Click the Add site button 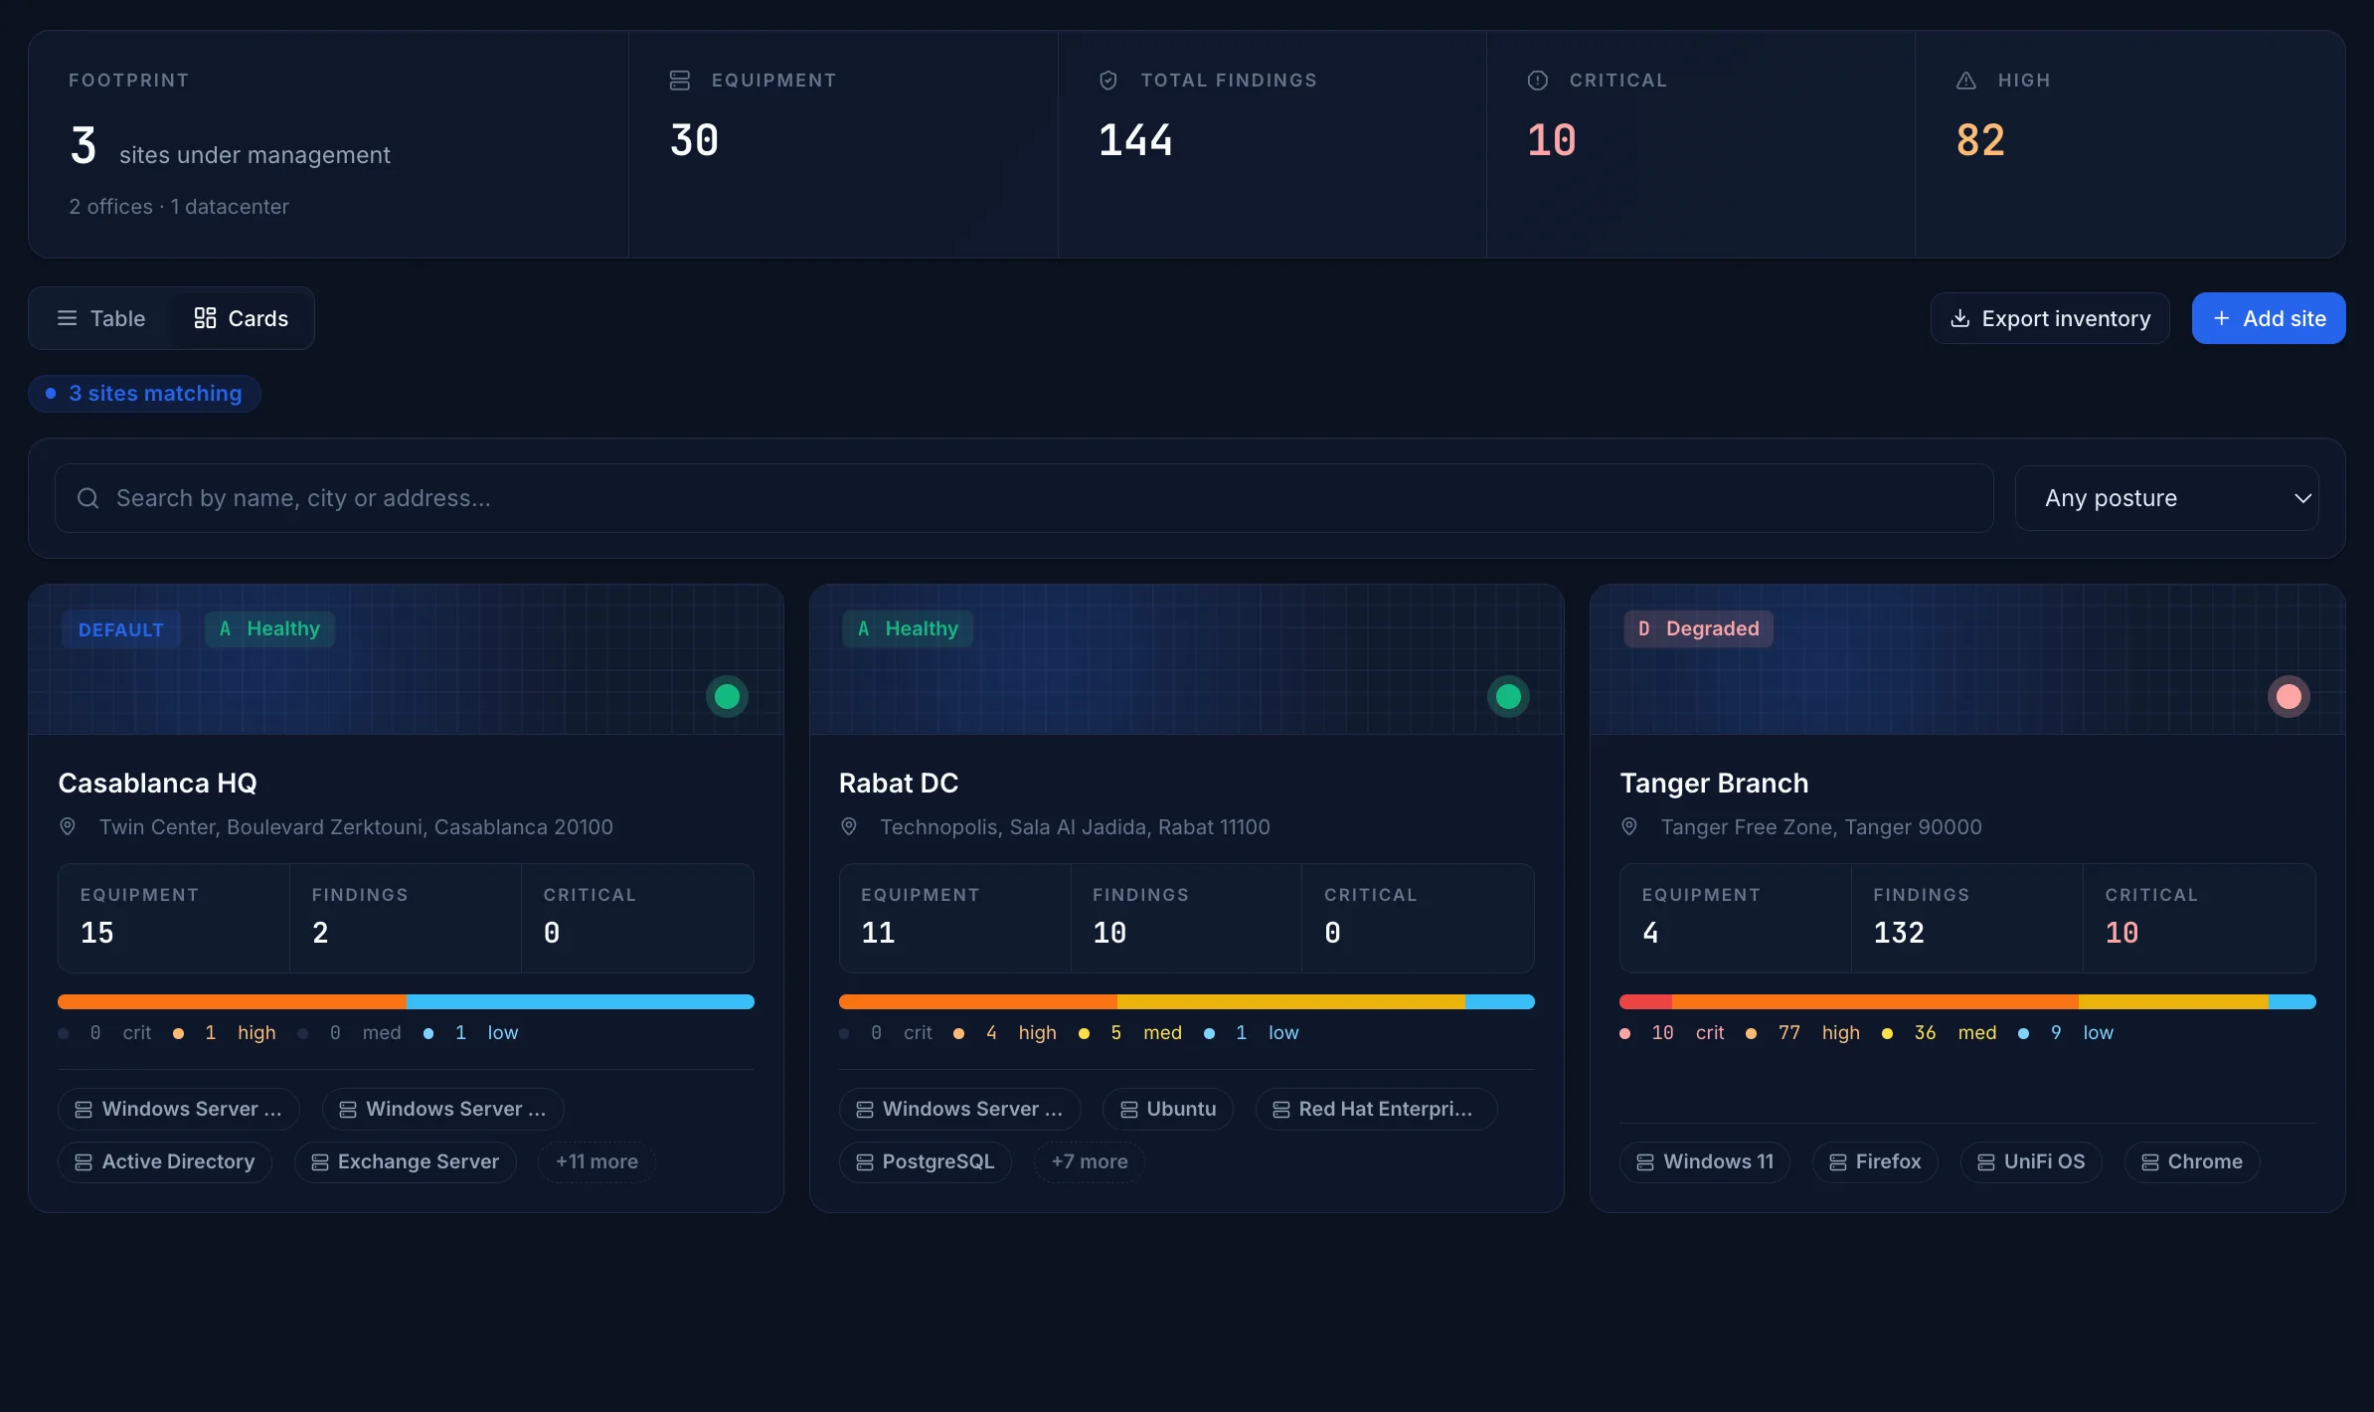(x=2268, y=318)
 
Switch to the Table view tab (x=101, y=318)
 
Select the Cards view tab (x=242, y=318)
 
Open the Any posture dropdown (x=2166, y=498)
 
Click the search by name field (x=1024, y=498)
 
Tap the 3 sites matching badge (x=145, y=394)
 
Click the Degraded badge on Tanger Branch (x=1698, y=628)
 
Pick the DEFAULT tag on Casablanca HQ (x=121, y=629)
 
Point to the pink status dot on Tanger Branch (x=2289, y=696)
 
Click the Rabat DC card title (x=899, y=784)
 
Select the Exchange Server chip (x=406, y=1161)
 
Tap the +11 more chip (x=596, y=1161)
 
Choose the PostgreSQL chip (x=926, y=1161)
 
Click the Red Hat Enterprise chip (x=1376, y=1109)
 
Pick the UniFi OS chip (x=2031, y=1161)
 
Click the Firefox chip (x=1875, y=1161)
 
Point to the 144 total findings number (x=1135, y=140)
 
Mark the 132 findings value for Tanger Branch (x=1899, y=933)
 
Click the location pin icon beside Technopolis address (x=849, y=826)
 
